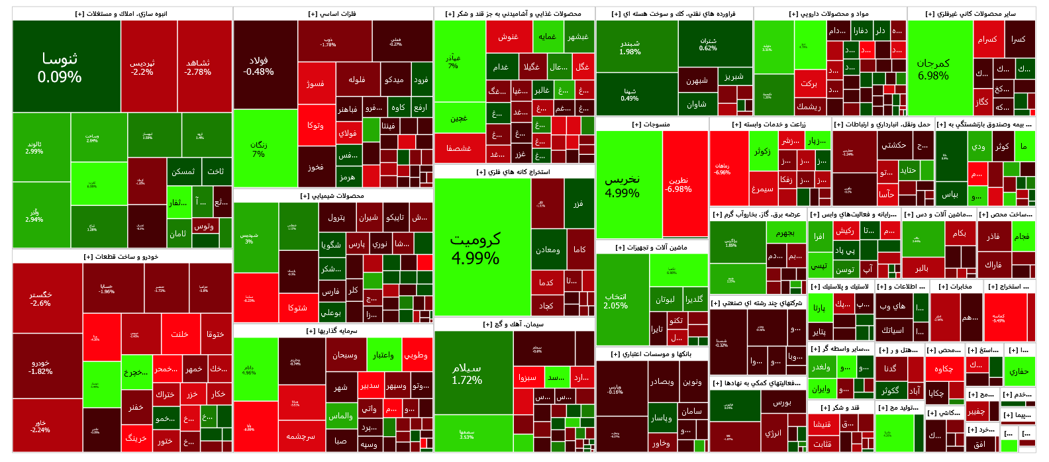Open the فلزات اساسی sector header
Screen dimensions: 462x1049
332,14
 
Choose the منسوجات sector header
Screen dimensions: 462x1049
652,124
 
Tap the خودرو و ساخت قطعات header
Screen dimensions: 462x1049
122,257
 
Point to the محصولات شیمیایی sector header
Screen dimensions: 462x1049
332,196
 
